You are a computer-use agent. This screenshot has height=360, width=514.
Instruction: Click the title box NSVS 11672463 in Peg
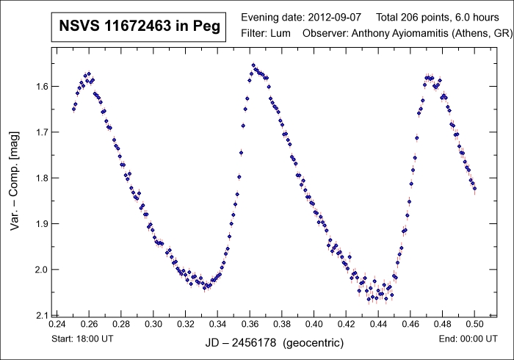pos(137,29)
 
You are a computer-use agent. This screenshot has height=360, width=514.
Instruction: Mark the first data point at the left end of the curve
pos(73,109)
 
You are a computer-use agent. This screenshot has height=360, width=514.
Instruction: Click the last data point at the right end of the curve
pos(474,189)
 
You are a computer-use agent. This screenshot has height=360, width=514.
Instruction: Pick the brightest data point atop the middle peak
pos(253,65)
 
